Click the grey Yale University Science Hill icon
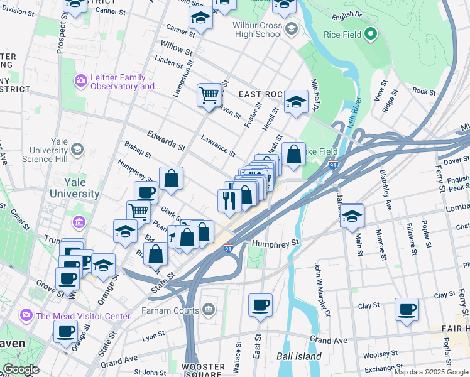[77, 150]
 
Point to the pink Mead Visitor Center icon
[26, 315]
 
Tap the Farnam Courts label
[170, 310]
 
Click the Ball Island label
[299, 356]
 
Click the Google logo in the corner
[21, 369]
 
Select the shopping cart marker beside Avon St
[209, 96]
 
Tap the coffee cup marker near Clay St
[407, 309]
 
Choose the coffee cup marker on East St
[260, 305]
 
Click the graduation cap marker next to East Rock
[295, 102]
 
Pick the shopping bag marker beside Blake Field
[293, 154]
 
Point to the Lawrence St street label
[218, 145]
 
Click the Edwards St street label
[166, 141]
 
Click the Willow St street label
[177, 48]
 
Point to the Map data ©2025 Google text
[431, 372]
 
